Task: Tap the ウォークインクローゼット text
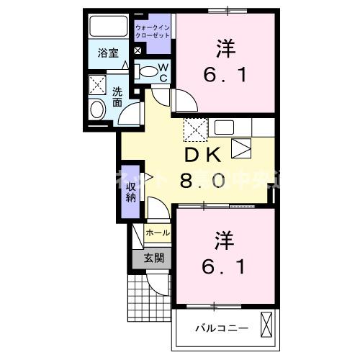tap(153, 30)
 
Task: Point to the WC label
tap(163, 72)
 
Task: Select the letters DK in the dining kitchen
tap(203, 156)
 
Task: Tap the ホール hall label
tap(158, 233)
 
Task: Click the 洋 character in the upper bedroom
tap(224, 49)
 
